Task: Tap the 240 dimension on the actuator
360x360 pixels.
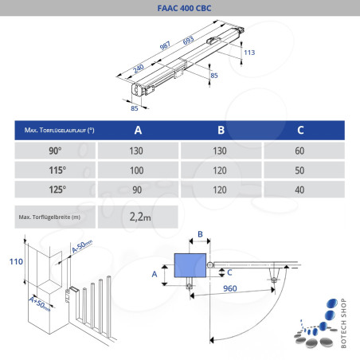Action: click(139, 68)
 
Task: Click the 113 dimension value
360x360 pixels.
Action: click(249, 53)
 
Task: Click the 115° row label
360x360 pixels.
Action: click(55, 170)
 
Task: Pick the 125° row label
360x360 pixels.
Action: click(55, 190)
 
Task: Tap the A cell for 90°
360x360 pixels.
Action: click(139, 151)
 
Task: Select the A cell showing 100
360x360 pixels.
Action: click(139, 170)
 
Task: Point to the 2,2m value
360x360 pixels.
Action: click(140, 216)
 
